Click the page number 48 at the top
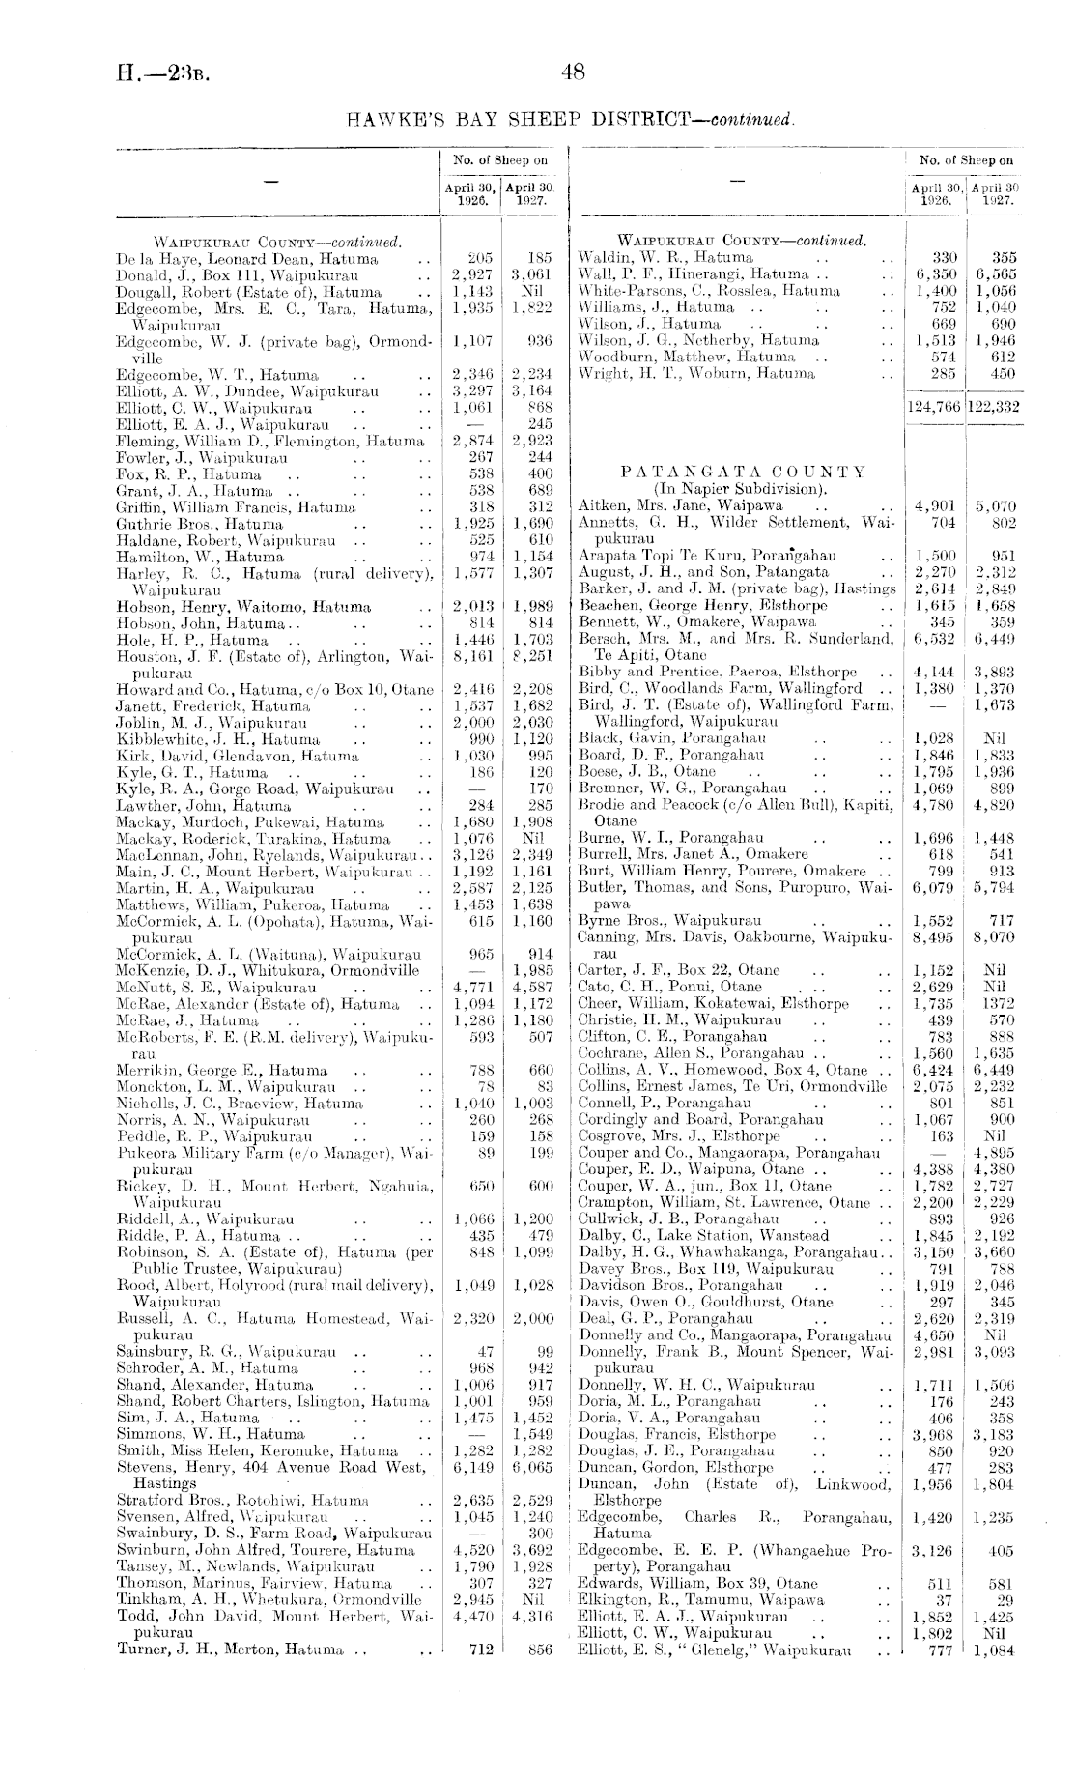click(573, 72)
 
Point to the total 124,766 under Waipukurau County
click(934, 408)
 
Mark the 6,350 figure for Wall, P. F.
click(936, 274)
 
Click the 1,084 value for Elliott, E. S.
click(994, 1650)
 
